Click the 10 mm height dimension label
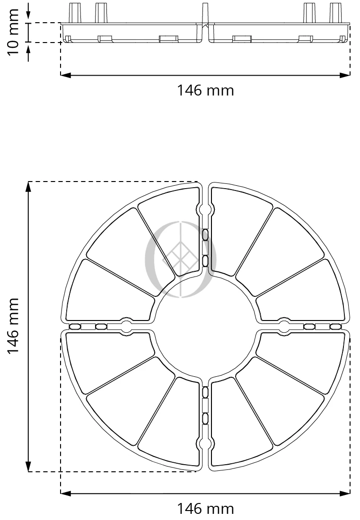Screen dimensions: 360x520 [x=13, y=33]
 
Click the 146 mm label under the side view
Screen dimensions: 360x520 [x=205, y=90]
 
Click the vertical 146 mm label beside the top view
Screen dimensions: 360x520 [x=13, y=326]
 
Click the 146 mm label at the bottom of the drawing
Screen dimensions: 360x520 [x=205, y=508]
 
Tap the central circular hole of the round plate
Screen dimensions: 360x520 [x=205, y=326]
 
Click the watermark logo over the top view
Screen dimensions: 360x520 [x=181, y=260]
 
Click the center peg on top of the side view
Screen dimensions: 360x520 [x=205, y=13]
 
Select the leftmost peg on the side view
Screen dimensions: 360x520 [x=75, y=13]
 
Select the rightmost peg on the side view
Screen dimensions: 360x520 [x=335, y=13]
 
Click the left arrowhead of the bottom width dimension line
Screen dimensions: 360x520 [x=66, y=494]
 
